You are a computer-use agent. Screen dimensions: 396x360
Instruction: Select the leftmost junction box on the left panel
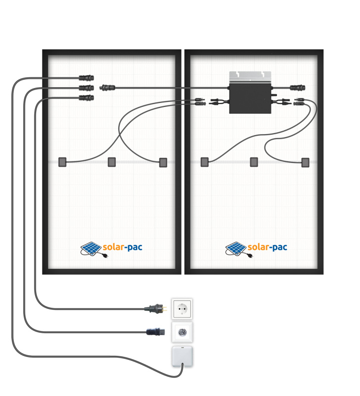tap(62, 162)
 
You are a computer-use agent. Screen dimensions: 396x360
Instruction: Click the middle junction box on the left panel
tap(112, 162)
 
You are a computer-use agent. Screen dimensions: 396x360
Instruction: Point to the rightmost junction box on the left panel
tap(163, 162)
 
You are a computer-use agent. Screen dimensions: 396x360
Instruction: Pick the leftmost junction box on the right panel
tap(204, 162)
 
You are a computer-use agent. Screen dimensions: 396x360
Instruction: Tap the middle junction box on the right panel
tap(254, 162)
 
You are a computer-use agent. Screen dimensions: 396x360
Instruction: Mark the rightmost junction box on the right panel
tap(305, 162)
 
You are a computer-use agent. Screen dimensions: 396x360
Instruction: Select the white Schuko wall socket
tap(181, 308)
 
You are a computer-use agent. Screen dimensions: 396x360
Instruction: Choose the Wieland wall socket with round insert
tap(181, 332)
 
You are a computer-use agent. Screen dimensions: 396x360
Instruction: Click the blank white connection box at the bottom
tap(181, 356)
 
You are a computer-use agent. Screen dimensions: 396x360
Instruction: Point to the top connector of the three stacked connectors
tap(87, 78)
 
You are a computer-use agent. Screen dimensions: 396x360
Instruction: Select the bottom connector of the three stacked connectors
tap(87, 98)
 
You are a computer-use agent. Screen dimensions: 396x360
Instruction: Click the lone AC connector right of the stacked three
tap(107, 88)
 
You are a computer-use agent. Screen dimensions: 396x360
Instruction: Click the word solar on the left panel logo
tap(115, 247)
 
